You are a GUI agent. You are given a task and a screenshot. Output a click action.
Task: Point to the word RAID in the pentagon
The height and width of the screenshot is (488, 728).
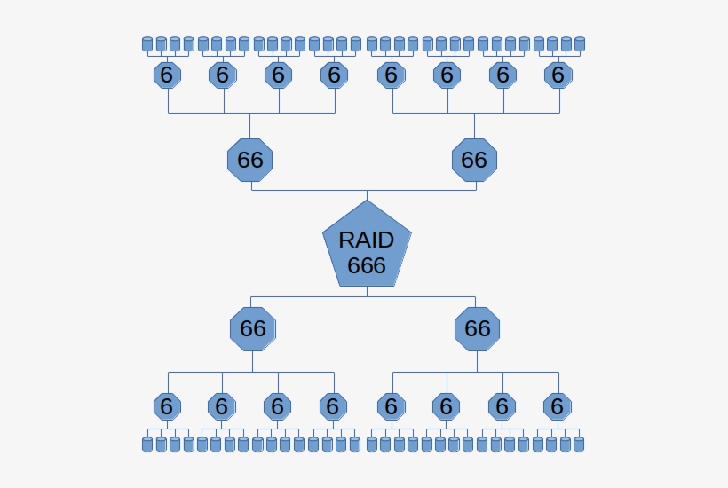(x=367, y=240)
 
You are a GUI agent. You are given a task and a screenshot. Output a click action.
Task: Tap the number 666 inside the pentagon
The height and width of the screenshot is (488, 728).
(x=367, y=265)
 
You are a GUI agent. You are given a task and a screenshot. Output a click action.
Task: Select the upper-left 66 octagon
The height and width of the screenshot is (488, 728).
(x=250, y=160)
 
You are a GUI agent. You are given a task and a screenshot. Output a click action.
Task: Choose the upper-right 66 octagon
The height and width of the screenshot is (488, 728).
(x=474, y=160)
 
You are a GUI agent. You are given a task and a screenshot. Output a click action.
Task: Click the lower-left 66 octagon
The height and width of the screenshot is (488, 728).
(x=252, y=328)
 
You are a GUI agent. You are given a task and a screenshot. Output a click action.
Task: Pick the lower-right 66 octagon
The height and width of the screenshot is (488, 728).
(x=477, y=328)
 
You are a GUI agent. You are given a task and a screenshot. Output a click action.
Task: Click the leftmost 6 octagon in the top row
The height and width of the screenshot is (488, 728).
(x=167, y=75)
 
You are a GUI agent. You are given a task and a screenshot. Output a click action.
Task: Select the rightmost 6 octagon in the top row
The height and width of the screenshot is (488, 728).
(x=558, y=75)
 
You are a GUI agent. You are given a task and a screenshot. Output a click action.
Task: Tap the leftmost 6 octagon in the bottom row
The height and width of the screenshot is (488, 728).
(x=166, y=406)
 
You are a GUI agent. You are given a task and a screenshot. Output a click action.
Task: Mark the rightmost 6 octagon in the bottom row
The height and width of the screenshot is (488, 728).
(x=557, y=406)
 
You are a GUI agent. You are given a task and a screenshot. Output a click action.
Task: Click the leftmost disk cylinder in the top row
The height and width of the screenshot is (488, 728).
(x=147, y=43)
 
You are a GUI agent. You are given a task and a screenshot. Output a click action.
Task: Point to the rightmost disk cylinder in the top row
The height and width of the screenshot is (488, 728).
(x=580, y=43)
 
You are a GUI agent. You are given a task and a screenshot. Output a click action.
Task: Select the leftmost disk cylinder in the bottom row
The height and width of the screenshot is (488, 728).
(x=147, y=444)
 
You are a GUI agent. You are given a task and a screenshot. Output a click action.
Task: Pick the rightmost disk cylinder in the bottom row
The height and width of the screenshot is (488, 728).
(x=579, y=444)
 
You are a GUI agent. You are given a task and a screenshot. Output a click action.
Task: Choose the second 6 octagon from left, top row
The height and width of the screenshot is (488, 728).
(x=222, y=75)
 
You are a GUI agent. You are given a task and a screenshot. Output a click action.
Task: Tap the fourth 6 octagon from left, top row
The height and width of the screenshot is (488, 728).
(x=334, y=75)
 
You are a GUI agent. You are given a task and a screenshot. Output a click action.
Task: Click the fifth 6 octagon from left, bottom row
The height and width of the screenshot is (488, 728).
(x=391, y=406)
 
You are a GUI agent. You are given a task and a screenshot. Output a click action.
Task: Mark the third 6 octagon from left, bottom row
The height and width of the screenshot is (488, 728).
(x=277, y=406)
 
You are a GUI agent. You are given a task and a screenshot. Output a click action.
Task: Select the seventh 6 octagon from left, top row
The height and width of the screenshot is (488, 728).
(x=502, y=75)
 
